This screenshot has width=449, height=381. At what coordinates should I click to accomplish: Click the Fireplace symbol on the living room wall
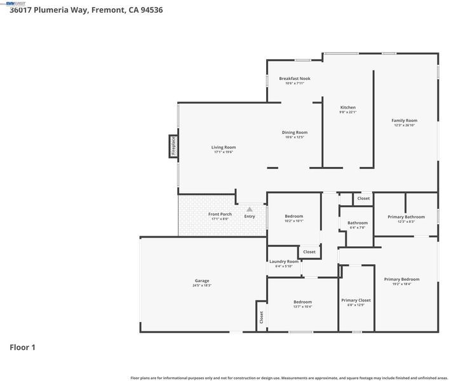[172, 145]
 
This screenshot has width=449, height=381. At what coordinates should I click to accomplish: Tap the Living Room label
[224, 147]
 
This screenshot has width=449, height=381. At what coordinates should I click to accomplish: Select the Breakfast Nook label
[295, 79]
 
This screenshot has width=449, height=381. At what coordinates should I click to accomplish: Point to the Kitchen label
[347, 107]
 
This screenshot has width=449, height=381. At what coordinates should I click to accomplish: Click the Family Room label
[404, 120]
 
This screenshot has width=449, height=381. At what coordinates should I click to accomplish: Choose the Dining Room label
[295, 132]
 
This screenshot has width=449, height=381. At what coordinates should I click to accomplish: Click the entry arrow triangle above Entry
[250, 209]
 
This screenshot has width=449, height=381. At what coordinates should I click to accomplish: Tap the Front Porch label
[220, 215]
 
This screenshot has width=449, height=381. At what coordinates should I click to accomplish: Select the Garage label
[202, 281]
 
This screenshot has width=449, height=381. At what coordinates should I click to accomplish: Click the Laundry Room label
[283, 262]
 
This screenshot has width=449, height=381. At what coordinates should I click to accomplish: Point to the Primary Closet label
[356, 300]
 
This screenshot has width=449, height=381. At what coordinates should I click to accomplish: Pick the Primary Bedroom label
[401, 279]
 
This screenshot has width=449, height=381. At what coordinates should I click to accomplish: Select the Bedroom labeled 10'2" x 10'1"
[294, 217]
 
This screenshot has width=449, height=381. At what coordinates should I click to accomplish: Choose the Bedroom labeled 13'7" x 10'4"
[302, 302]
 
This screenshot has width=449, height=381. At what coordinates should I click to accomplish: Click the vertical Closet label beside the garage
[261, 317]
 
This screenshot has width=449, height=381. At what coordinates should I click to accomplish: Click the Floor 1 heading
[23, 347]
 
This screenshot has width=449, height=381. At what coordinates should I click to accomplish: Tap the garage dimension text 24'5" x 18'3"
[202, 286]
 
